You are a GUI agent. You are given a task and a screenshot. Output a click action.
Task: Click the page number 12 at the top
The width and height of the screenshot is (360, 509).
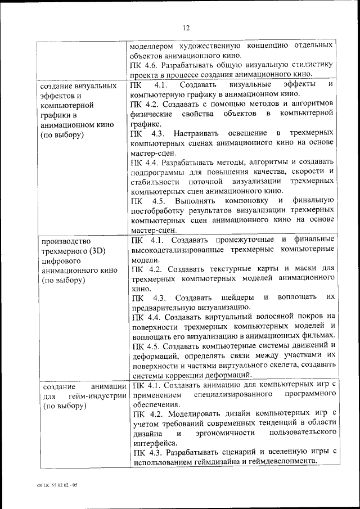click(x=187, y=28)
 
